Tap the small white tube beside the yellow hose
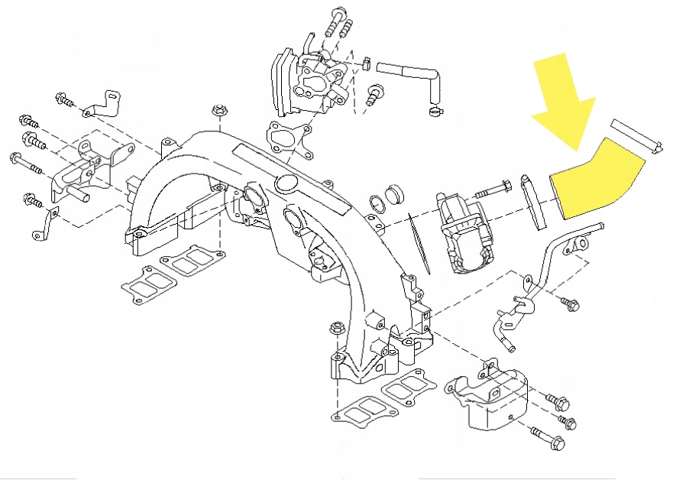pyautogui.click(x=637, y=135)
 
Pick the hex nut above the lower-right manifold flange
pyautogui.click(x=335, y=329)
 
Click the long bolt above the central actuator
pyautogui.click(x=497, y=186)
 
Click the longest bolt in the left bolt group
pyautogui.click(x=27, y=161)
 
